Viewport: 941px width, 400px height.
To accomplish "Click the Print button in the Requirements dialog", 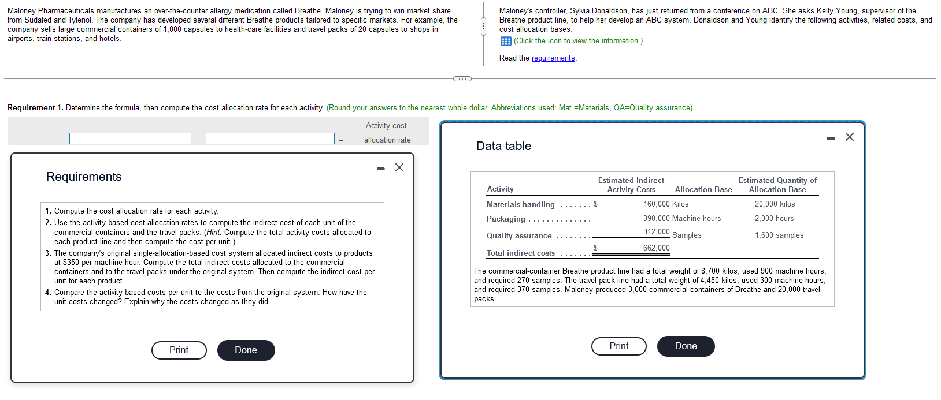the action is point(179,350).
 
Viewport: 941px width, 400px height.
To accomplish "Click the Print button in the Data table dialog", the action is point(619,346).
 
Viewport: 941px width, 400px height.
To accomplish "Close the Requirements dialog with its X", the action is point(399,168).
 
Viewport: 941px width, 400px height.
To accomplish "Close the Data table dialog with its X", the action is point(850,137).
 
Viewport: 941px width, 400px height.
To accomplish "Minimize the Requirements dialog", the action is point(380,169).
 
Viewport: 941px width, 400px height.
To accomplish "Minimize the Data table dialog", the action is point(831,139).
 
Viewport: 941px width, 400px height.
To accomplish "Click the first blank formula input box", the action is point(130,139).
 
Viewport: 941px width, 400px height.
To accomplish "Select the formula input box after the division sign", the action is point(270,139).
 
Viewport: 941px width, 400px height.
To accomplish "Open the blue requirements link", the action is point(553,58).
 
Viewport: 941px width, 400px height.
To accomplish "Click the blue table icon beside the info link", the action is point(506,41).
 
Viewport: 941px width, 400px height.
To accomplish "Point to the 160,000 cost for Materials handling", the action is point(657,204).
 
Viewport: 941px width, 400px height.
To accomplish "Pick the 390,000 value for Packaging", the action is point(657,218).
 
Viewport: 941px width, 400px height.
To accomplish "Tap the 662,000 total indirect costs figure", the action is point(657,248).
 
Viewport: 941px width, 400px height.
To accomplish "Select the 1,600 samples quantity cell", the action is point(779,235).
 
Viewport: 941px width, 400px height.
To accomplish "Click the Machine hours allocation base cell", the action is point(697,218).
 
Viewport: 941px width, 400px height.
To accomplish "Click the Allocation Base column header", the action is point(703,189).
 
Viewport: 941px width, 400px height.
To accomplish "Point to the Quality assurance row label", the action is point(519,235).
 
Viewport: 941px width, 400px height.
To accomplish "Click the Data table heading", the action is point(503,146).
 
